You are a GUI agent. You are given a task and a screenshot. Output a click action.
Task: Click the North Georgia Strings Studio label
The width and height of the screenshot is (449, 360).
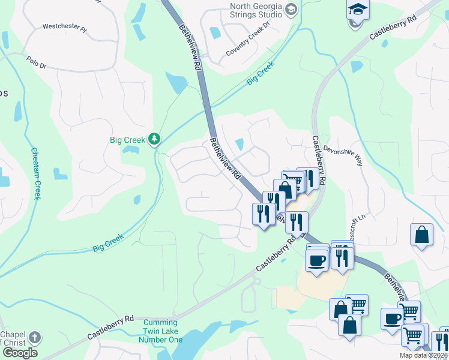[256, 10]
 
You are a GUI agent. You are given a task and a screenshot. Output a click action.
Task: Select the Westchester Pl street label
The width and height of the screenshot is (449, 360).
[64, 28]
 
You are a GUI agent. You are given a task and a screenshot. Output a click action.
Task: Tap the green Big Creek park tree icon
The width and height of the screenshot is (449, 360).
[155, 139]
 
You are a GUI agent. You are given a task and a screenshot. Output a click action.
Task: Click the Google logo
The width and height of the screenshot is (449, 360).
[20, 353]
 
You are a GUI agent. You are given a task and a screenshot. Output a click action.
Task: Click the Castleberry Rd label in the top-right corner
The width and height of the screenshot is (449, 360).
[393, 28]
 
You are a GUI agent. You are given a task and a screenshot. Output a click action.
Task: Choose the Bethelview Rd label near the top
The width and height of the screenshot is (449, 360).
[188, 47]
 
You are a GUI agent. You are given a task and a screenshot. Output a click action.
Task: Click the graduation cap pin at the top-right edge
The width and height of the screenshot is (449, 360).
[358, 10]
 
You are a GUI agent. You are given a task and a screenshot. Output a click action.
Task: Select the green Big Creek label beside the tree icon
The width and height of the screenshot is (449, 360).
[127, 140]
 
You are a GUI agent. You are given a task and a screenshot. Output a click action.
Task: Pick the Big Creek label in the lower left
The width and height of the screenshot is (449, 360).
[108, 242]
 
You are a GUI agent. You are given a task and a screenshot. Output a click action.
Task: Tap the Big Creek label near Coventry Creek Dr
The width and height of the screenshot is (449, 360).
[261, 72]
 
